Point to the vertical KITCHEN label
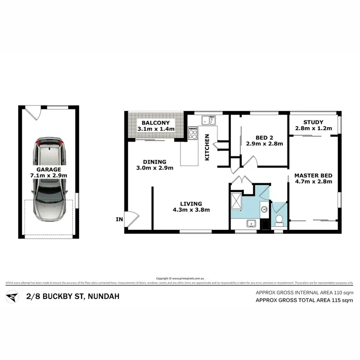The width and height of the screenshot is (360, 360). point(207,147)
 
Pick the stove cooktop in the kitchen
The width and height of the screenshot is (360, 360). point(193,132)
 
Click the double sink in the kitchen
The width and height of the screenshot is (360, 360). point(208,120)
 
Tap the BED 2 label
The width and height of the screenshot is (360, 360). point(258,136)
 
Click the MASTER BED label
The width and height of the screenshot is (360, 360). point(313,175)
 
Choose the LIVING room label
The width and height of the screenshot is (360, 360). point(192,204)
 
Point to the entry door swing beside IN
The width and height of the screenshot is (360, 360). point(131,217)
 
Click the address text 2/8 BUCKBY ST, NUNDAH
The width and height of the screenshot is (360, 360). point(72,296)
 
